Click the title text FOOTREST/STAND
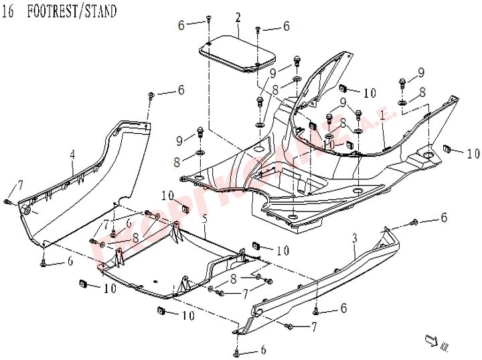pos(72,11)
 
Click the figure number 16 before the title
pos(10,11)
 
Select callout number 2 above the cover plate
pos(238,17)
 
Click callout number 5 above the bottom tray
pos(204,219)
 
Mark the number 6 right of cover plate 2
pos(286,27)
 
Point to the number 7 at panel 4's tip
pos(21,184)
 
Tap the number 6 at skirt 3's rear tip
pos(443,217)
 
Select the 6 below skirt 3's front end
pos(263,350)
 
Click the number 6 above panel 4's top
pos(180,90)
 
